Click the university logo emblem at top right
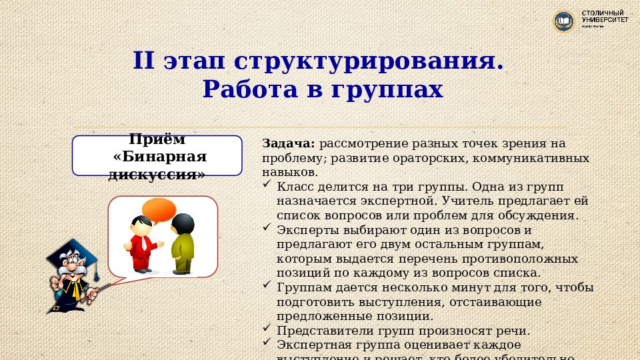click(563, 21)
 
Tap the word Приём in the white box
click(157, 140)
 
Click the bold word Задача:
click(289, 143)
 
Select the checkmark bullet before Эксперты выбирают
click(267, 228)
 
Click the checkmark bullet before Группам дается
click(267, 285)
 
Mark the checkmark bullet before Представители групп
click(267, 329)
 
